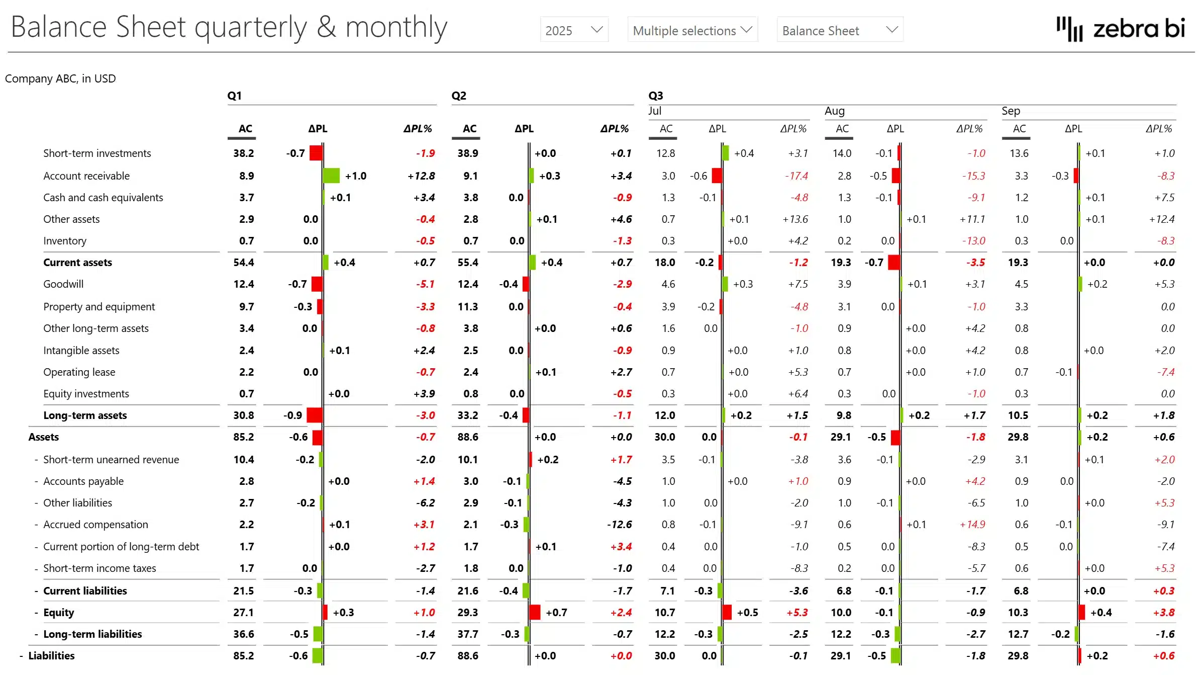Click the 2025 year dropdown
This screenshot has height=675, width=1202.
[x=574, y=30]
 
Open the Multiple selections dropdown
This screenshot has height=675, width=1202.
[x=692, y=30]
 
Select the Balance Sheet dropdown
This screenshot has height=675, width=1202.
[x=839, y=30]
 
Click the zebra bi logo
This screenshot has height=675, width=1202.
[x=1121, y=29]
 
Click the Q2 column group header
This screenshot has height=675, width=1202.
[x=459, y=96]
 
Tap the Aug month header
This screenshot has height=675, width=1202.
[x=834, y=111]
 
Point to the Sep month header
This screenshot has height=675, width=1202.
[x=1011, y=111]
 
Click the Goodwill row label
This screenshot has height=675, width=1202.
[x=63, y=284]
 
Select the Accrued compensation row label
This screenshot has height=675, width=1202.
[x=95, y=525]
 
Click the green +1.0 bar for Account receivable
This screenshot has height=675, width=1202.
[x=331, y=176]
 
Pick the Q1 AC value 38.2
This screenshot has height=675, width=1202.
[x=243, y=153]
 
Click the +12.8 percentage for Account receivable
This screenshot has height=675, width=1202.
[x=421, y=176]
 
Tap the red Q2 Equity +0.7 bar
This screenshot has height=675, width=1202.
[x=535, y=612]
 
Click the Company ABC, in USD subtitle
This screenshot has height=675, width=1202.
[x=60, y=79]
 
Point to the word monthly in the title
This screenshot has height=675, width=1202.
[x=396, y=28]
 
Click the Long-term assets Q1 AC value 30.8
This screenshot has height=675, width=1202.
[x=243, y=415]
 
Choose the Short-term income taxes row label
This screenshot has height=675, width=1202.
[x=99, y=568]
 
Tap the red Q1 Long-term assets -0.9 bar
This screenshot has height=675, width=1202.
[x=315, y=415]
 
